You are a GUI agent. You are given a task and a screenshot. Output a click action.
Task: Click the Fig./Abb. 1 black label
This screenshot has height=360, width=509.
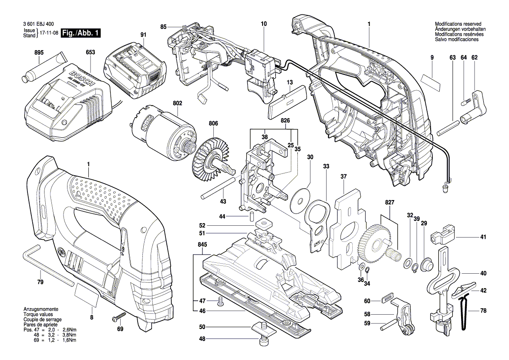point(81,33)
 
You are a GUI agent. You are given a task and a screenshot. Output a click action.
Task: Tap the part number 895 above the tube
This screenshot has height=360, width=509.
point(39,53)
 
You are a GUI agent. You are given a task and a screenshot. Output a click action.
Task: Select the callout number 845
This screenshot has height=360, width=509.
point(202,245)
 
